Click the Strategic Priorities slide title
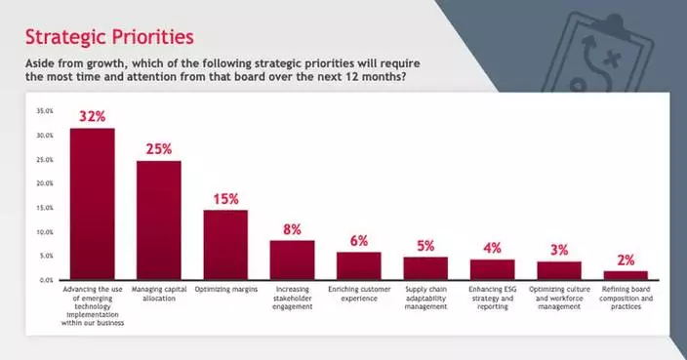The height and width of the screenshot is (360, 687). point(108,37)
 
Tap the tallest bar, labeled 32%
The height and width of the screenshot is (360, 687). point(92,204)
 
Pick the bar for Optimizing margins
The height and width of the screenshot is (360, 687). point(225,245)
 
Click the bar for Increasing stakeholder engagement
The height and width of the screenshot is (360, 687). point(292,260)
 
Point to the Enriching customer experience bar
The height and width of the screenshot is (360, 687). point(358,265)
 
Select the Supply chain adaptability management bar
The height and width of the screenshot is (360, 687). point(425,268)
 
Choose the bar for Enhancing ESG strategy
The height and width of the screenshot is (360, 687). point(492,269)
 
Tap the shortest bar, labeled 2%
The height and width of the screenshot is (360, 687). point(626,275)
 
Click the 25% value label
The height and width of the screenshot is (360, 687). point(159,149)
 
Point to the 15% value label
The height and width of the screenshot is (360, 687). point(225,198)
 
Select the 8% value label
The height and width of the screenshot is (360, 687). point(293,229)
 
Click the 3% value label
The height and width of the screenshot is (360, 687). point(559,250)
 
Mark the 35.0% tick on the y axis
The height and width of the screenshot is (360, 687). point(45,111)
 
